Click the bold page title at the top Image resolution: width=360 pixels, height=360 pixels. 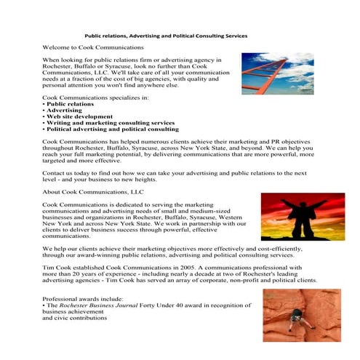(x=166, y=35)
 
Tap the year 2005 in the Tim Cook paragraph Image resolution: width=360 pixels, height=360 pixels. (x=164, y=268)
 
